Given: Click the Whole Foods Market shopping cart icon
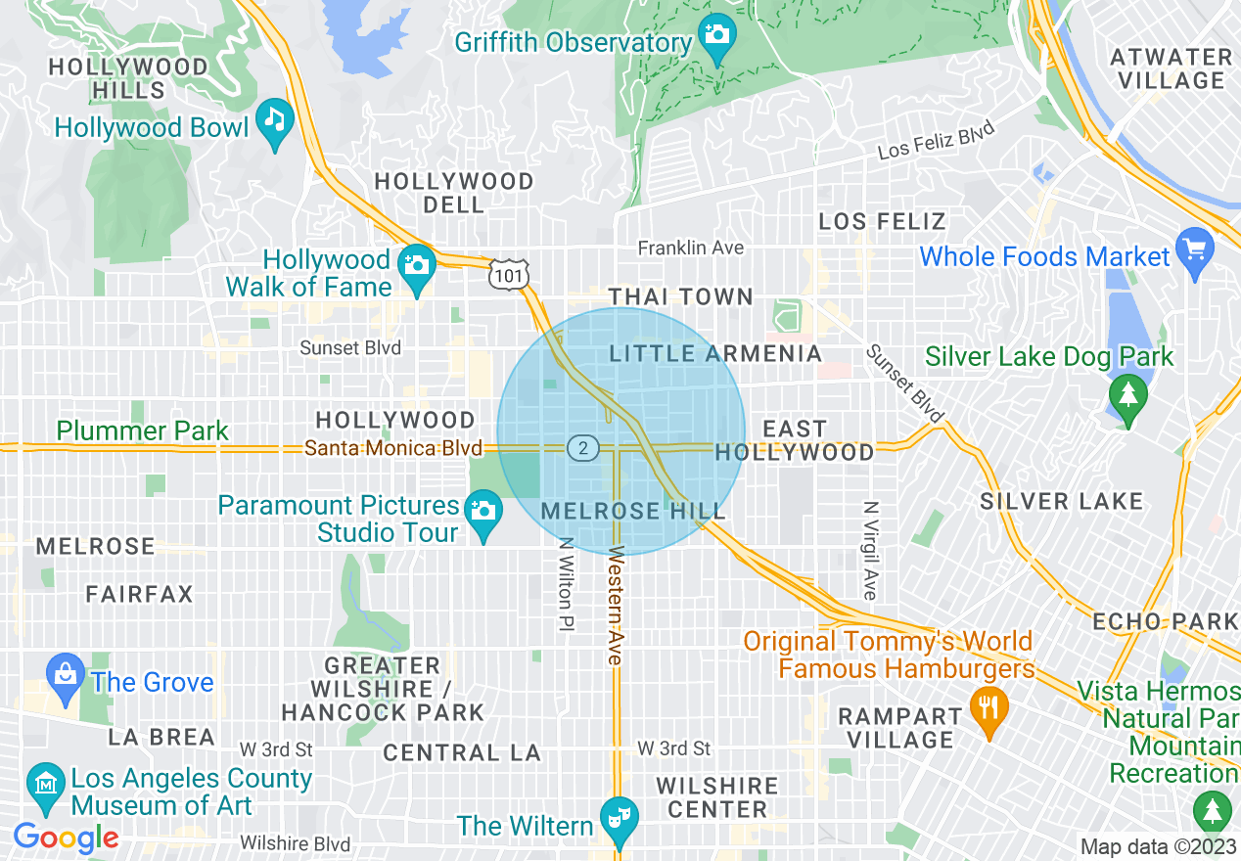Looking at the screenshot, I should click(1194, 249).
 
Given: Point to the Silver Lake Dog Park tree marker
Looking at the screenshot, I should click(1128, 396).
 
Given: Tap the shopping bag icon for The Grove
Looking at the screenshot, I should click(66, 675).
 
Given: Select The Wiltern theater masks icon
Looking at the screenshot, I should click(619, 816).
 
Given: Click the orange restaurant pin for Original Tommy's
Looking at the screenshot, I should click(988, 709).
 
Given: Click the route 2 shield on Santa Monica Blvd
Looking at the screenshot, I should click(582, 448).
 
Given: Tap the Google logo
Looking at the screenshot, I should click(66, 838).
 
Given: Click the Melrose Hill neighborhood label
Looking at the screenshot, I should click(633, 511).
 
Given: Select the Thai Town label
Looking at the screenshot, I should click(680, 296).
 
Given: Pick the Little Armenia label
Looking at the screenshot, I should click(715, 353).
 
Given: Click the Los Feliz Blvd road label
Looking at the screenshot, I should click(936, 140).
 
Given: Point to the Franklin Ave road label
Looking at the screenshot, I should click(691, 248).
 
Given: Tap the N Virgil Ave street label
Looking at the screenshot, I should click(869, 550).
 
